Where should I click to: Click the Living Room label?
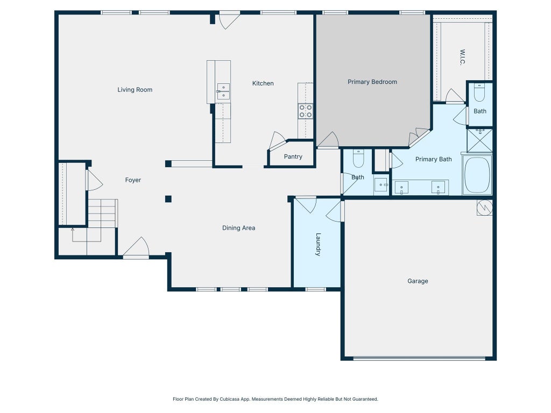135,90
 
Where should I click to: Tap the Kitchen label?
263,83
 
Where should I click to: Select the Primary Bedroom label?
372,82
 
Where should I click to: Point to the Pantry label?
293,156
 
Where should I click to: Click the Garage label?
418,281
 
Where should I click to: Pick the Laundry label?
318,245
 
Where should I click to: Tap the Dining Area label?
238,228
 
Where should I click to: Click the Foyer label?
133,180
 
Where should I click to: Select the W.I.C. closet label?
462,57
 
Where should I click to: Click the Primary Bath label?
433,159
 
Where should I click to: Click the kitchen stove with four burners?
306,111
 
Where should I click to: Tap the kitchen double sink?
223,91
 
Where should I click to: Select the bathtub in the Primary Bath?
477,175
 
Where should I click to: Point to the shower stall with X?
479,140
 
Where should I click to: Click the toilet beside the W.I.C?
479,92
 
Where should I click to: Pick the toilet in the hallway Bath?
358,159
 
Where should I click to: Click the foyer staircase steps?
102,213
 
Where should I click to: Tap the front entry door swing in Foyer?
136,247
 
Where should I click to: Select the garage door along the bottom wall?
419,359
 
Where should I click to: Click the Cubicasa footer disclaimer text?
275,399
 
